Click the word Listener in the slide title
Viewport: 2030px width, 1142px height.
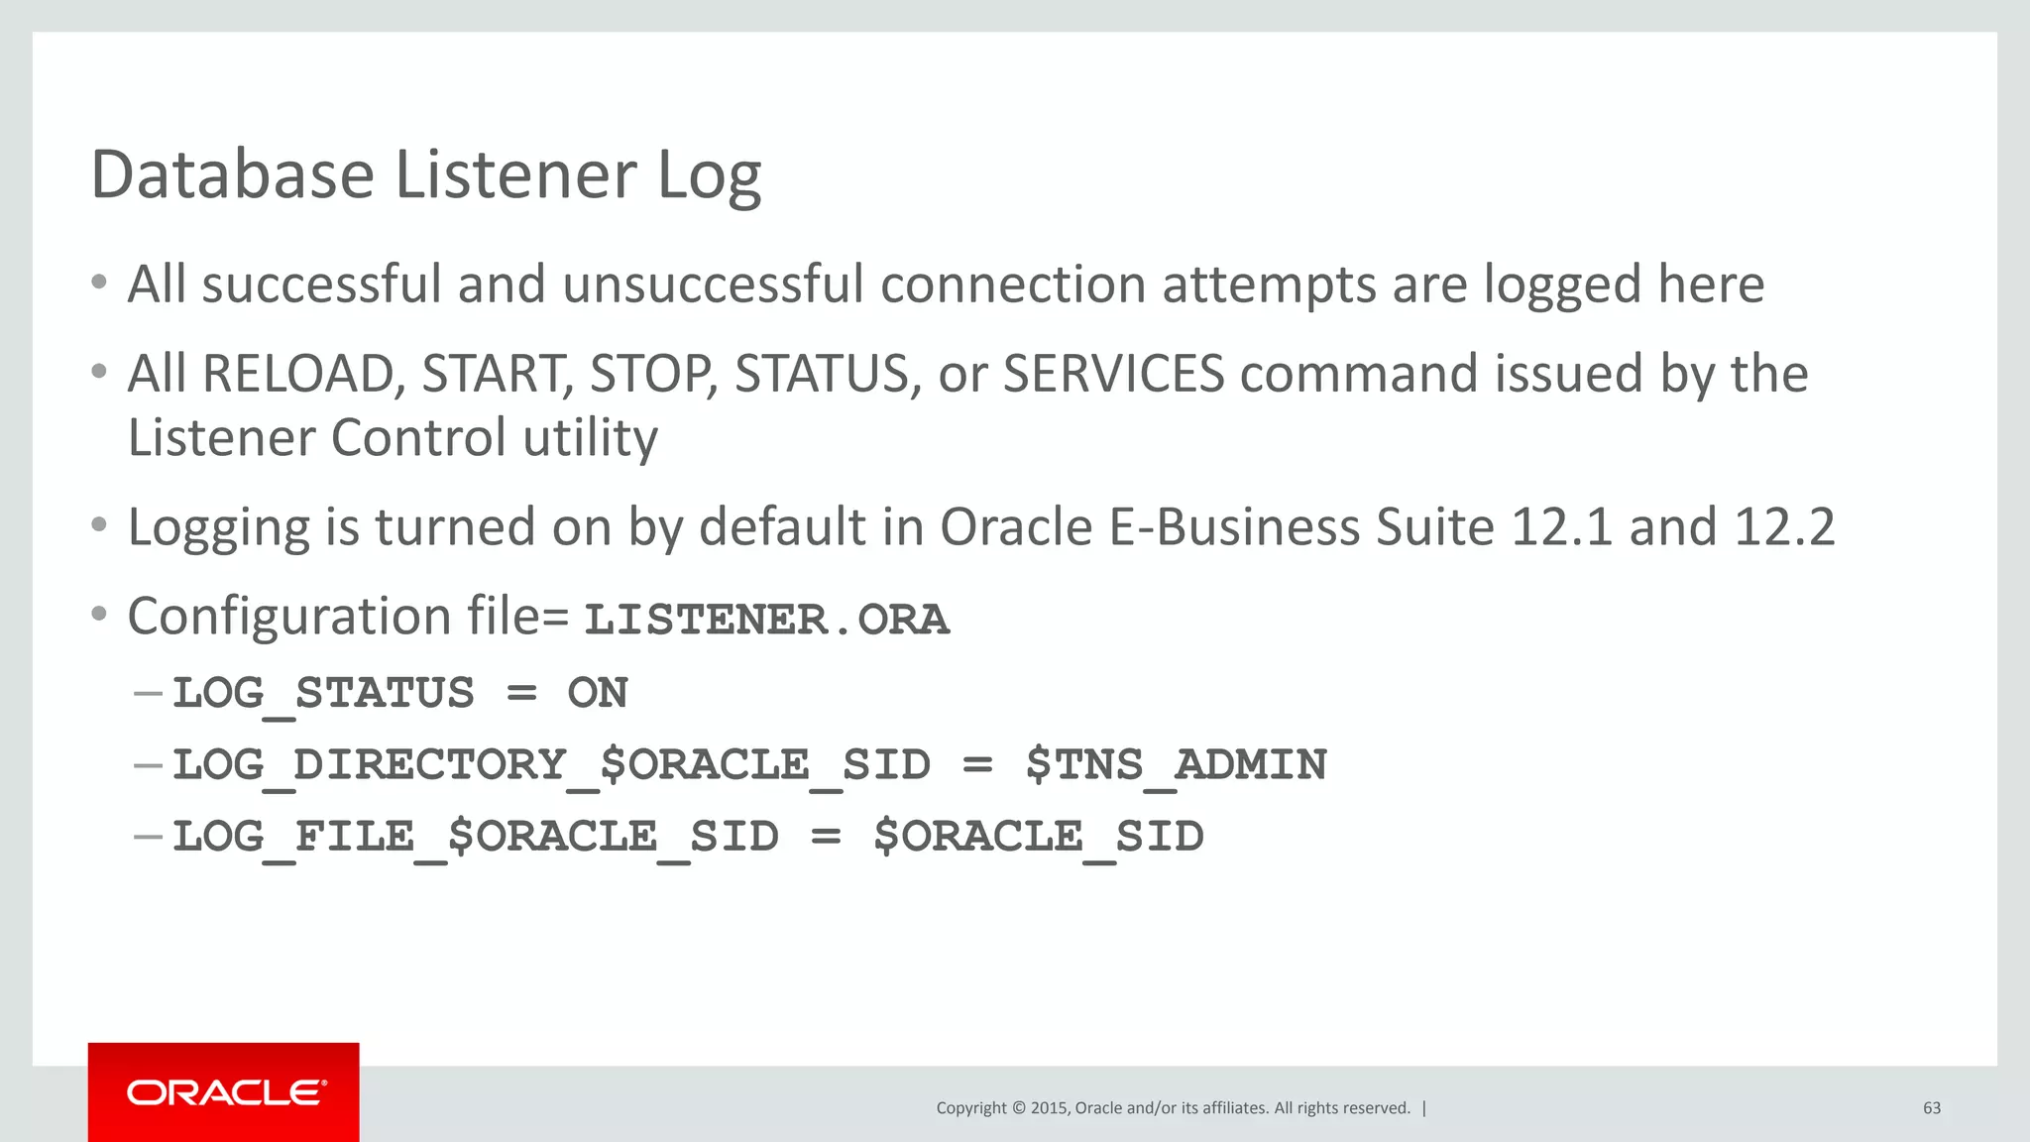point(515,174)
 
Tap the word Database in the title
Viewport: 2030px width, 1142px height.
point(232,174)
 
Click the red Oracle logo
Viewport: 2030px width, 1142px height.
point(224,1092)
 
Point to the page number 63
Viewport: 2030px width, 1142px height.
point(1932,1108)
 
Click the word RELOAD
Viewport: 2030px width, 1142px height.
point(301,375)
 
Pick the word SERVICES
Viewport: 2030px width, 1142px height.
point(1113,375)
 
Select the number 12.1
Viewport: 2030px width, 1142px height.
point(1562,527)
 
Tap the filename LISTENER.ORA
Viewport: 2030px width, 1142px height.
point(766,620)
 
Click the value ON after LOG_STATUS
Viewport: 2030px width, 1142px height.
point(598,693)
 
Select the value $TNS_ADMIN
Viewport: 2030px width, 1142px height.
point(1176,765)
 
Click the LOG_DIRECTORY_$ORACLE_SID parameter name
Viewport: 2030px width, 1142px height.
point(551,765)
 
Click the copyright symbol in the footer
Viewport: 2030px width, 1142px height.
point(1017,1108)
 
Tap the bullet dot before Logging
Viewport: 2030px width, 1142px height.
point(98,525)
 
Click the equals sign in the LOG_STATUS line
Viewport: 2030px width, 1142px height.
point(521,693)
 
